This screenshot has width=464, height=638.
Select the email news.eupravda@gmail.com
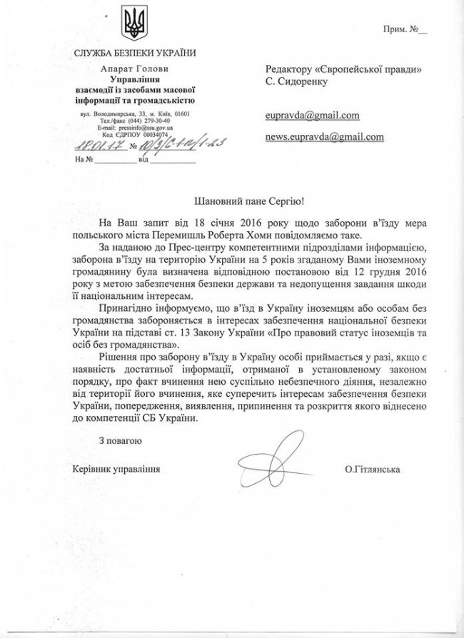[x=325, y=136]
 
